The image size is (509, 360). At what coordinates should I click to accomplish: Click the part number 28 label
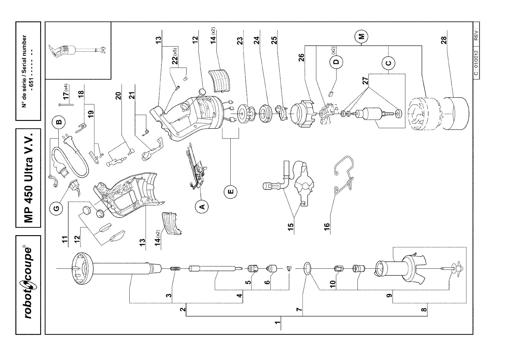(x=444, y=40)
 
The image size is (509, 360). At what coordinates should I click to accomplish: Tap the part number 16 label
(x=327, y=225)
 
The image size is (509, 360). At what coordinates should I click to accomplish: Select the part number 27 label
(x=365, y=81)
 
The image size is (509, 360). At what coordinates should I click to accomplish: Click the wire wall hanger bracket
(x=345, y=174)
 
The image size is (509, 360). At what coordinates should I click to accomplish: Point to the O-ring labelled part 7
(x=307, y=268)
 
